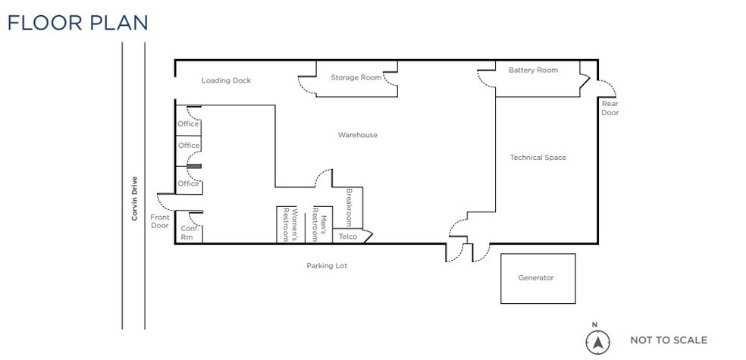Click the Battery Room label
click(533, 70)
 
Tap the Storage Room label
click(356, 77)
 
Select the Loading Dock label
click(226, 80)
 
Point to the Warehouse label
click(358, 135)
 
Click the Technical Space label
click(538, 158)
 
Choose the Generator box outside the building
click(538, 278)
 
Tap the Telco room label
click(348, 236)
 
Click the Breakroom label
click(349, 208)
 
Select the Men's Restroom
click(319, 224)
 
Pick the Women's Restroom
click(290, 224)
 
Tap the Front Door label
click(160, 221)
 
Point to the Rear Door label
click(610, 108)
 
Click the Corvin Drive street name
click(135, 199)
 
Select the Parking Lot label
click(327, 266)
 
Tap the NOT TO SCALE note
click(669, 340)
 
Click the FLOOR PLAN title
click(77, 23)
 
